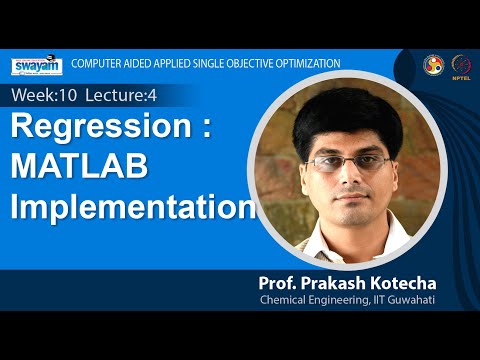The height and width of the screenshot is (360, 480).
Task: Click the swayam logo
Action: coord(37,65)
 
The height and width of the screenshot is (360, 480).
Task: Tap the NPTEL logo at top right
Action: coord(462,64)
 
